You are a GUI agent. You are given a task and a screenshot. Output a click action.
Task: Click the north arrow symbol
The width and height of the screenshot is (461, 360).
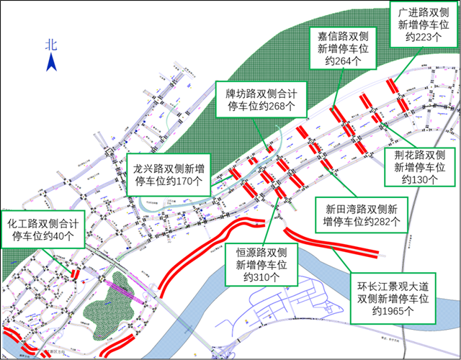(x=51, y=63)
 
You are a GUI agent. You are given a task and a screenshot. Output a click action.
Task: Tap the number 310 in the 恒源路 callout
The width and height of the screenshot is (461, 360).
(x=264, y=277)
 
